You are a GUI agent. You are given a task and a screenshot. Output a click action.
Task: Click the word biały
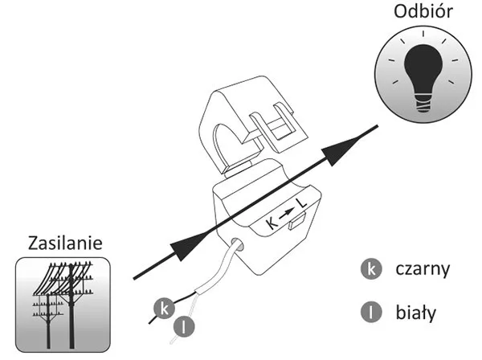pos(415,312)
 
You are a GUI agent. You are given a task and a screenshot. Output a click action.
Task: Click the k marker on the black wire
pos(164,309)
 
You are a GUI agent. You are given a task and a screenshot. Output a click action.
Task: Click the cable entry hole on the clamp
pos(238,244)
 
